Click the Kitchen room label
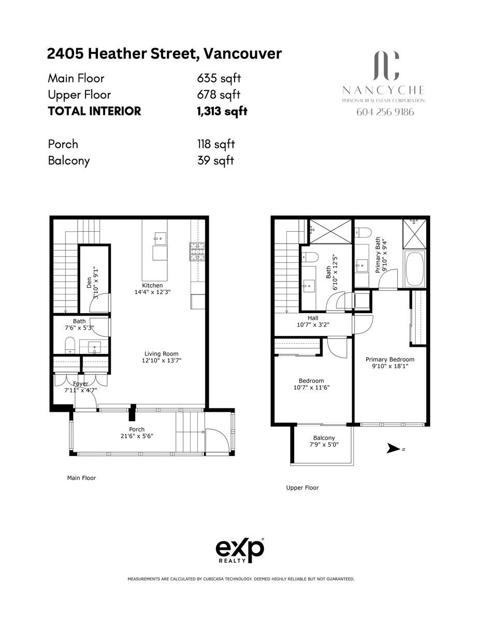152,285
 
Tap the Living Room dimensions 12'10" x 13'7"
162,360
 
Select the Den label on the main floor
89,283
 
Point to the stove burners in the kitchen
196,252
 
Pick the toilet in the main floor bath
70,345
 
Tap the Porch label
137,429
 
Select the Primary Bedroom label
390,359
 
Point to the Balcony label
324,438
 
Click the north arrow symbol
393,448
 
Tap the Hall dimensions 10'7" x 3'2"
313,324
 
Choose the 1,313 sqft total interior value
222,111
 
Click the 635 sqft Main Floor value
219,78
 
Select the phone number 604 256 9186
385,112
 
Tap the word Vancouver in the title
242,54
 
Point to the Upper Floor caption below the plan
302,488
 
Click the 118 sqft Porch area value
216,144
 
